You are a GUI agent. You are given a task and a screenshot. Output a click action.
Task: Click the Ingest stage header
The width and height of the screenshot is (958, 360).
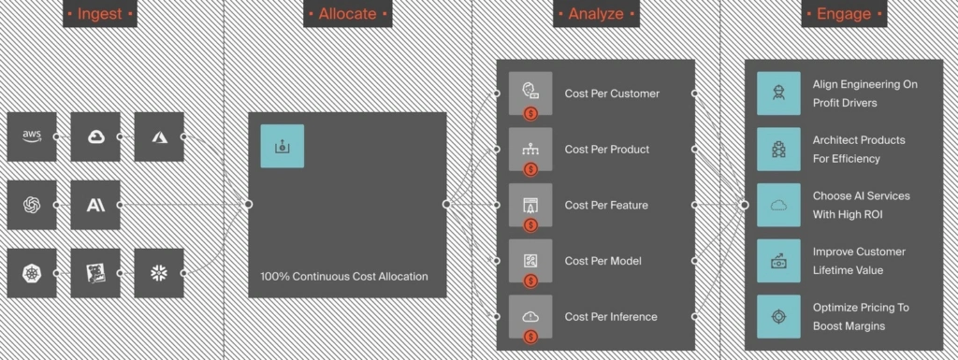pos(100,13)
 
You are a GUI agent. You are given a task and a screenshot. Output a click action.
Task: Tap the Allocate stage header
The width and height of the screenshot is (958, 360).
pos(348,13)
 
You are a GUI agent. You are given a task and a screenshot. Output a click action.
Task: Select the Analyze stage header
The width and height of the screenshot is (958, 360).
pos(596,13)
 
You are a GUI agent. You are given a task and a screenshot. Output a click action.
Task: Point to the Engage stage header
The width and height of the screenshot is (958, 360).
pos(844,13)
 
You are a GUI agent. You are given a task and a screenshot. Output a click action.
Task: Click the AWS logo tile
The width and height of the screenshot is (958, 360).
pos(32,137)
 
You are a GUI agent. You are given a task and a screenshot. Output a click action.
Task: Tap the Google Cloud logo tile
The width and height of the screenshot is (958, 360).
pos(95,137)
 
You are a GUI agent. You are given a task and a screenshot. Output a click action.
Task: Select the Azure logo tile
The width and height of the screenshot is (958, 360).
pos(159,137)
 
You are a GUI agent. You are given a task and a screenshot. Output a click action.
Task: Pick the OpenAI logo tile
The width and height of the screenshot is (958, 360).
pos(32,205)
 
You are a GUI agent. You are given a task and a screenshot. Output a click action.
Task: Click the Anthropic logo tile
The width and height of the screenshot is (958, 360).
pos(95,205)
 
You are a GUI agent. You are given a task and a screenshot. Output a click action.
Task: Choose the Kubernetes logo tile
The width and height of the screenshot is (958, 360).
pos(32,273)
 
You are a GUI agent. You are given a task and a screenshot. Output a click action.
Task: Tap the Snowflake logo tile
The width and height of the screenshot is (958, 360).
pos(159,273)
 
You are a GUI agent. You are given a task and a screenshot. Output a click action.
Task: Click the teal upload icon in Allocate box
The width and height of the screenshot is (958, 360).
pos(283,146)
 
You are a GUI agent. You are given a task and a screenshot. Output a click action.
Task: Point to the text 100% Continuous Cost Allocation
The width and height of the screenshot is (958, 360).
pos(344,277)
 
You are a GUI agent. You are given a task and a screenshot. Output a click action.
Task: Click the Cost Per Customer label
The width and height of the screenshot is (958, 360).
pos(612,94)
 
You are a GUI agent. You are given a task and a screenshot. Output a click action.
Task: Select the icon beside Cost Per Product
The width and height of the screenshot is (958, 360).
pos(530,149)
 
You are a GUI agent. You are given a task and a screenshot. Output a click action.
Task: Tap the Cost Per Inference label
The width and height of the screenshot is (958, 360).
pos(611,317)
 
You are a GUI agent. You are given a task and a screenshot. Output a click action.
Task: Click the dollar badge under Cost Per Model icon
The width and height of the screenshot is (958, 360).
pos(530,281)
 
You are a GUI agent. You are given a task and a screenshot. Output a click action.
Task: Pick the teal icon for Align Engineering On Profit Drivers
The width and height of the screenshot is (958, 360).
pos(778,94)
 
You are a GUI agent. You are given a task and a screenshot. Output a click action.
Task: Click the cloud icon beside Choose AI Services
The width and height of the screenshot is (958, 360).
pos(778,205)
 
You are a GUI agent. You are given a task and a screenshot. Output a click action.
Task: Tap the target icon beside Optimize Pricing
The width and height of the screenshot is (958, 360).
pos(778,317)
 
